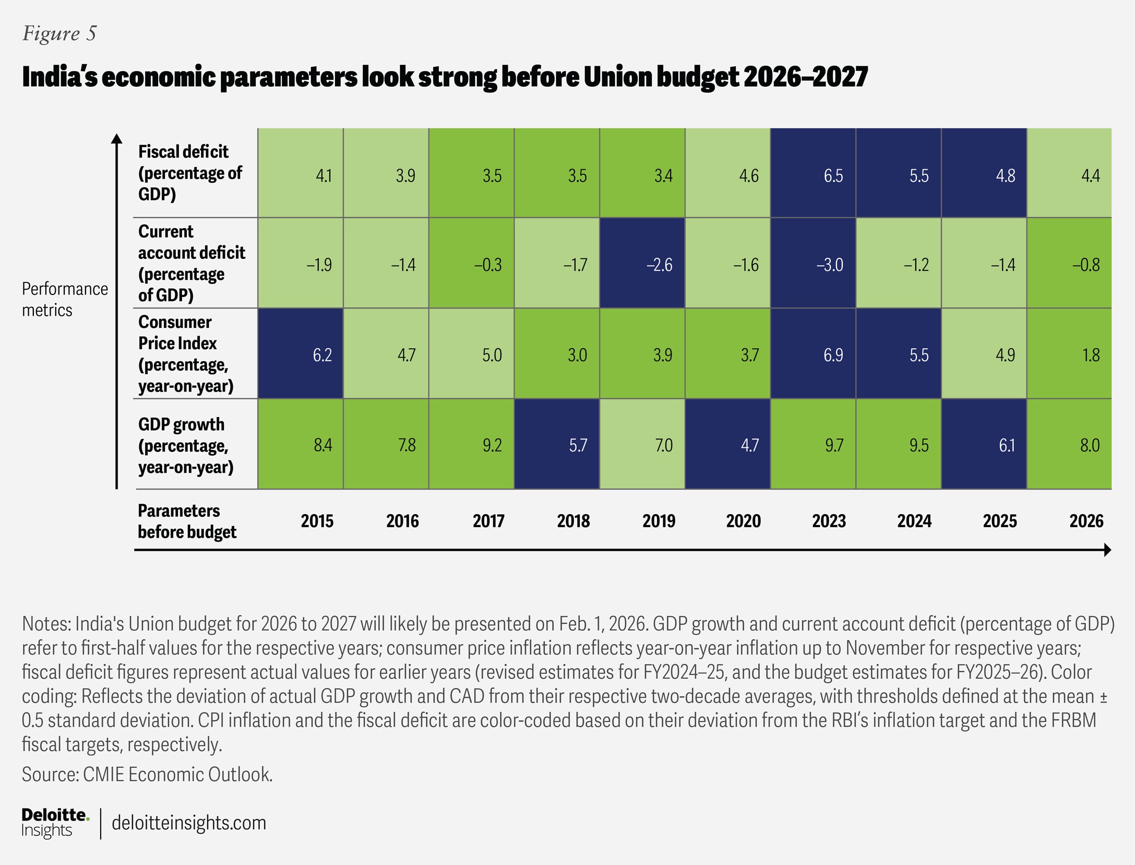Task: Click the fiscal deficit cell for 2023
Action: click(x=813, y=173)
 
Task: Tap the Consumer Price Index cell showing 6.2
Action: click(x=301, y=354)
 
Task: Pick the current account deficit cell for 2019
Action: click(x=642, y=263)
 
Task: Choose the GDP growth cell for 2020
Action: click(x=727, y=444)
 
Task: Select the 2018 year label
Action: click(x=573, y=521)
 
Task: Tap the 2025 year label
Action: click(x=1000, y=521)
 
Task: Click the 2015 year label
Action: click(x=317, y=521)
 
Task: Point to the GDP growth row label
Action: click(x=185, y=445)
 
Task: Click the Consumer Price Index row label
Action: click(x=185, y=354)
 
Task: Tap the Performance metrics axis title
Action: click(x=65, y=299)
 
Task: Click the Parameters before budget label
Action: click(x=186, y=521)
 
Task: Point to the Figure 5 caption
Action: click(x=59, y=33)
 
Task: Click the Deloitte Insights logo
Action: click(x=55, y=822)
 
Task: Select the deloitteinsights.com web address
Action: click(x=189, y=823)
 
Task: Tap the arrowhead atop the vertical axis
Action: click(x=117, y=138)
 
